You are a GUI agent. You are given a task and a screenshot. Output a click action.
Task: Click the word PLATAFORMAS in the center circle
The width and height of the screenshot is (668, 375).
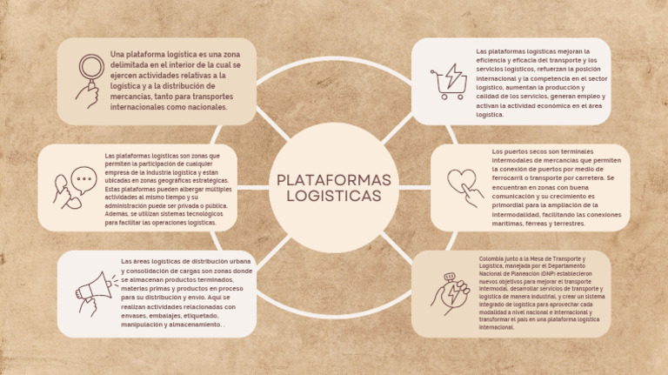334,180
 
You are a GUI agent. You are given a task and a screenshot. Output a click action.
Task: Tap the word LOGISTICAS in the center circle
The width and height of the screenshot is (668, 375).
334,196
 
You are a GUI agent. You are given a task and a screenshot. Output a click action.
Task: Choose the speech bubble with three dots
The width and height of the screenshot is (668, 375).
84,180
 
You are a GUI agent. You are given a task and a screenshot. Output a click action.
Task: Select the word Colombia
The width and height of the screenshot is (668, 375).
491,258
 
